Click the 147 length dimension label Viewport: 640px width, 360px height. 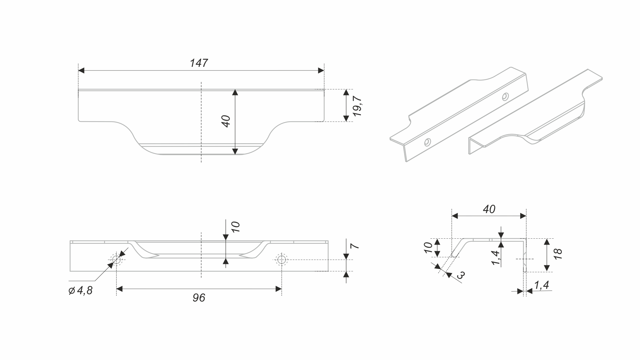point(199,63)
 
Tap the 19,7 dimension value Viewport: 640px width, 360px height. point(357,106)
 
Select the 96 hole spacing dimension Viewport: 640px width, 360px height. point(199,298)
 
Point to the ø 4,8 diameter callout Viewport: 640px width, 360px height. point(80,291)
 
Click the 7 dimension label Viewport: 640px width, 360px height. point(355,246)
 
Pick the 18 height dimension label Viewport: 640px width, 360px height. point(558,254)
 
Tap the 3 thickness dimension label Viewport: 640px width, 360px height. point(461,275)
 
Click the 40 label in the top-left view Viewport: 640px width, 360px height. point(226,121)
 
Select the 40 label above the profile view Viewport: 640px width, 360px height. point(489,209)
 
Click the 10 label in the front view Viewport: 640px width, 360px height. point(235,227)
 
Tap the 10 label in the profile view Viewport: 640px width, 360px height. point(428,248)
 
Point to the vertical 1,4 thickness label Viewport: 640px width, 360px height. point(495,258)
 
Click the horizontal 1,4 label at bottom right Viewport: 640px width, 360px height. point(541,285)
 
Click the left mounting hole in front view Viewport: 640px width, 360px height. point(116,259)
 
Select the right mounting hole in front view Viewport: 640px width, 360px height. point(281,259)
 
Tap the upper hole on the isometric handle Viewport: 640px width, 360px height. point(505,96)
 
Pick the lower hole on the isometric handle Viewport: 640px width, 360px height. point(427,142)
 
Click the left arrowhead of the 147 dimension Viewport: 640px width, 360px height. point(81,70)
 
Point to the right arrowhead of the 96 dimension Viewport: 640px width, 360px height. point(279,289)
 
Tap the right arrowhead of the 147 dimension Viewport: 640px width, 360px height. point(321,70)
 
